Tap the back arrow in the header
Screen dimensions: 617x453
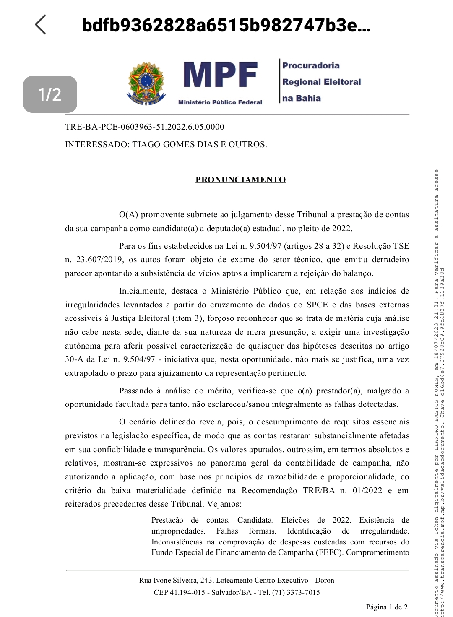41,25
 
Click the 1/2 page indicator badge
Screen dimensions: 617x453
50,94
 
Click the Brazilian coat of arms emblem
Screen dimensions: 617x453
146,83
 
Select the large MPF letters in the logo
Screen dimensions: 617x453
220,76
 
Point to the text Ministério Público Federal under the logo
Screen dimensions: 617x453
220,102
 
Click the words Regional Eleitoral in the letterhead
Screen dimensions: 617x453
321,82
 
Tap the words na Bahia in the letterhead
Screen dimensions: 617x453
301,98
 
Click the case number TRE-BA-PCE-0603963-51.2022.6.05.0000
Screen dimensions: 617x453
144,127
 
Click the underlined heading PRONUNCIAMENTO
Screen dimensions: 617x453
240,180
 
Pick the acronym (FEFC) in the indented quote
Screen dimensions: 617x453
330,552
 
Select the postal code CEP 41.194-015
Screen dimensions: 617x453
179,592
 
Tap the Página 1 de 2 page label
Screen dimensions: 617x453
386,607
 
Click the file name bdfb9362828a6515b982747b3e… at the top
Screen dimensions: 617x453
226,25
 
